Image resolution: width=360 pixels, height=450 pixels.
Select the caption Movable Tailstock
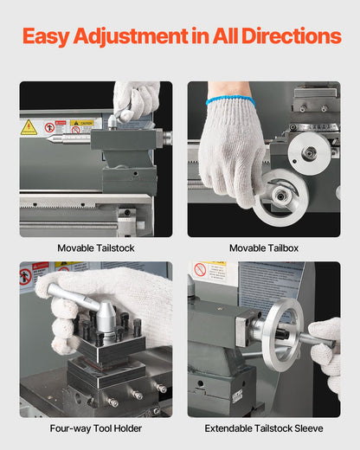(x=95, y=247)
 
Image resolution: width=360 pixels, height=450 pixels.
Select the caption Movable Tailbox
(x=264, y=247)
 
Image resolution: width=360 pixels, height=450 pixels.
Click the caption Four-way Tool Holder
(x=95, y=428)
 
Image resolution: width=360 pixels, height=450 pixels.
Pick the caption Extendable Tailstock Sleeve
(x=264, y=428)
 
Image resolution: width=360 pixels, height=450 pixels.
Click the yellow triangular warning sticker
(x=29, y=127)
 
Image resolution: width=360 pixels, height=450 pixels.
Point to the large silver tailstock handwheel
(x=282, y=333)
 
